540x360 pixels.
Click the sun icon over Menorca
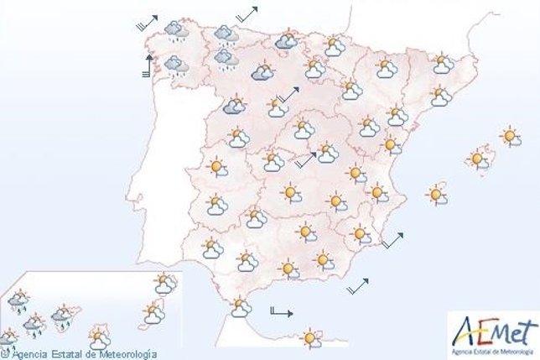pyautogui.click(x=509, y=136)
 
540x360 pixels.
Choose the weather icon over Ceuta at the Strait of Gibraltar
pyautogui.click(x=241, y=308)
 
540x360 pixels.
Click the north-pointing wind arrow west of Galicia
pyautogui.click(x=148, y=65)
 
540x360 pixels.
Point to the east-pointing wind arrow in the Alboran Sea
pyautogui.click(x=281, y=312)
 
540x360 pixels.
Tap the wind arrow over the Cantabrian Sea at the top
pyautogui.click(x=247, y=13)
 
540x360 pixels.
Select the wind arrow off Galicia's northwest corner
pyautogui.click(x=146, y=22)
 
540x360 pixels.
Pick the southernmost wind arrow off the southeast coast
pyautogui.click(x=358, y=285)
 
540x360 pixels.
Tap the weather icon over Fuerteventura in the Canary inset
pyautogui.click(x=152, y=313)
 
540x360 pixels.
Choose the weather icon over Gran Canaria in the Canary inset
pyautogui.click(x=99, y=337)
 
